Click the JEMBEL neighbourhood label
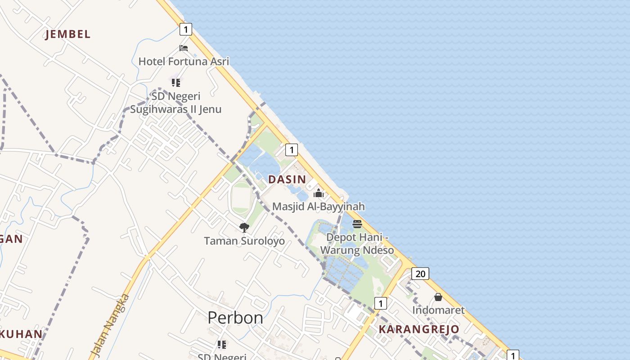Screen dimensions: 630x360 coord(67,34)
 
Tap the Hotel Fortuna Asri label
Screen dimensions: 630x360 coord(184,61)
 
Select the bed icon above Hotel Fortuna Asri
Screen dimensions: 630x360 coord(184,48)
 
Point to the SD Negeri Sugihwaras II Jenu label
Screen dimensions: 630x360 coord(175,103)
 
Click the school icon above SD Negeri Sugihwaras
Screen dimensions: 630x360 coord(176,83)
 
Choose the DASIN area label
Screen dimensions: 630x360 coord(287,179)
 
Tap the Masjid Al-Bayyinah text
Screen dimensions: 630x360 coord(319,207)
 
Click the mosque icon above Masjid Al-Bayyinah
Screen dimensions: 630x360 coord(319,193)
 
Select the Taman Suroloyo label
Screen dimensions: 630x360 coord(244,241)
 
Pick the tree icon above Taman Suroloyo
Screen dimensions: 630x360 coord(244,228)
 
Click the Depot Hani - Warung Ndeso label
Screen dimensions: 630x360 coord(357,243)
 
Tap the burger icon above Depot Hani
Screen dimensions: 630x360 coord(357,224)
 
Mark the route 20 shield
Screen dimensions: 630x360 coord(420,274)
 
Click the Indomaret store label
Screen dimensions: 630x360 coord(438,310)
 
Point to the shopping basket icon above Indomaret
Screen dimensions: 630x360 coord(438,297)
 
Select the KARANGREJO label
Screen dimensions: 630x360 coord(419,329)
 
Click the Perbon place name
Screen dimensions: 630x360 coord(235,318)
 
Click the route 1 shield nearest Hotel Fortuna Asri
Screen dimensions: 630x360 coord(185,29)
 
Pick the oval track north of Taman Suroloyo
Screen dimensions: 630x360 coord(241,198)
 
